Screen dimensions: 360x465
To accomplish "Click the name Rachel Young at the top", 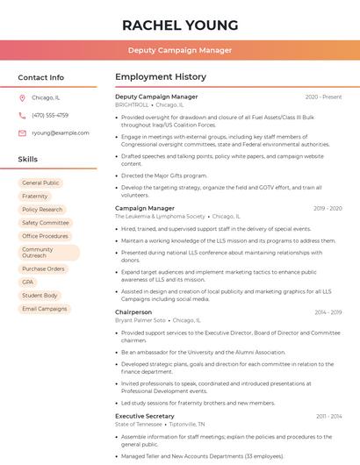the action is tap(180, 25).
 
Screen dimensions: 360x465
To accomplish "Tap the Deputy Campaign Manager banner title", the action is tap(180, 50).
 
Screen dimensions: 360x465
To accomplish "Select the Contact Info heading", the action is tap(41, 77).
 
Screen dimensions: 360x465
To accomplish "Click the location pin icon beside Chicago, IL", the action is tap(22, 97).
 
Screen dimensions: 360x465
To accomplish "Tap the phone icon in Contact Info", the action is tap(22, 115).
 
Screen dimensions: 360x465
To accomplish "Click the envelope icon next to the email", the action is tap(22, 132).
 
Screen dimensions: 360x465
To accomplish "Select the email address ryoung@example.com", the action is tap(61, 132).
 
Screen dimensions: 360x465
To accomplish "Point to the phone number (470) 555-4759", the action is tap(50, 115).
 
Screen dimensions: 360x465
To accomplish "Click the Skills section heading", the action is tap(28, 160).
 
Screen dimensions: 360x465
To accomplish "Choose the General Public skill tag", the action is tap(41, 183).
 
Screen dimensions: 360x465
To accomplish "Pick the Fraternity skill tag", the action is tap(35, 197).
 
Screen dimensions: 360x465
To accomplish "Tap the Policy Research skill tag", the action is tap(42, 210).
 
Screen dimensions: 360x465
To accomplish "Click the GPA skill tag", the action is tap(28, 283).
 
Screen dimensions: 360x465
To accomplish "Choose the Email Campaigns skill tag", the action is tap(45, 309).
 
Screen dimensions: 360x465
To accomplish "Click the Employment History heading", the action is tap(161, 77).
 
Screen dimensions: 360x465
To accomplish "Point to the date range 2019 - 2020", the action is tap(328, 209).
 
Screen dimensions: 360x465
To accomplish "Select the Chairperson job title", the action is tap(133, 312).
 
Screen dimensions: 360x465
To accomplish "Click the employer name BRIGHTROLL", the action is tap(132, 104).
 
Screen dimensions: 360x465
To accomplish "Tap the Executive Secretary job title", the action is tap(145, 416).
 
